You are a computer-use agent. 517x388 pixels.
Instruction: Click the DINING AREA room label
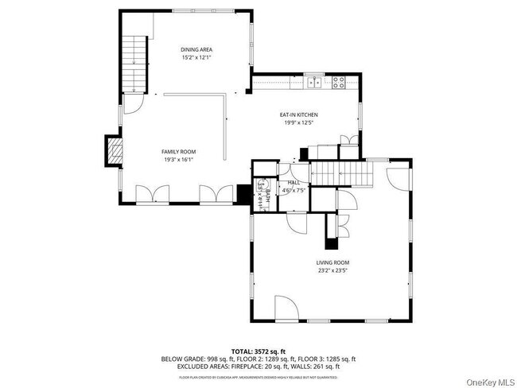[196, 49]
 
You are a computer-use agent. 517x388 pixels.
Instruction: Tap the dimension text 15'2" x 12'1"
[196, 57]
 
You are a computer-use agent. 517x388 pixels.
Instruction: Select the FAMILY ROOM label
[178, 151]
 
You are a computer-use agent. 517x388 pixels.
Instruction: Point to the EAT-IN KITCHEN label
[299, 114]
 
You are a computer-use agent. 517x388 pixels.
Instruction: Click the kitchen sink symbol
[313, 80]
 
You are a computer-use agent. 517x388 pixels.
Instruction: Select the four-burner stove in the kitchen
[338, 80]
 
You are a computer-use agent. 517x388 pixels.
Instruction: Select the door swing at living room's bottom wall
[286, 308]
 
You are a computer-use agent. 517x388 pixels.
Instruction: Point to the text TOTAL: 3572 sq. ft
[258, 351]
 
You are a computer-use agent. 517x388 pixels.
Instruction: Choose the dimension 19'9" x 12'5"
[299, 122]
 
